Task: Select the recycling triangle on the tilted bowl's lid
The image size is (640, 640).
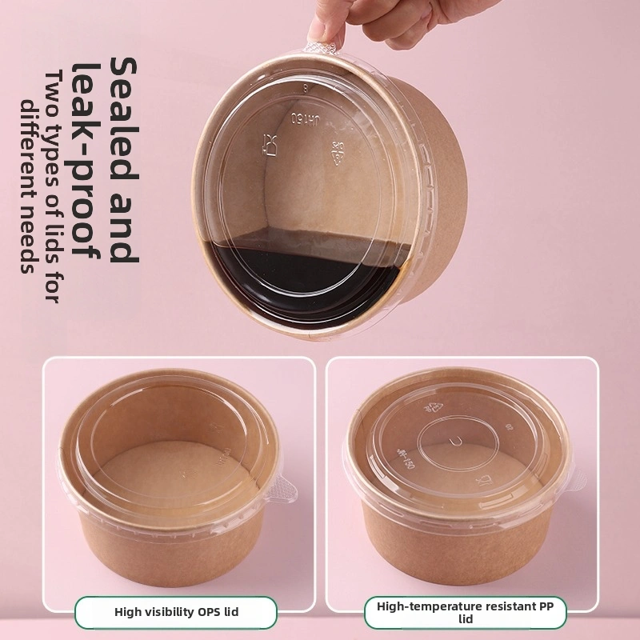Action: coord(336,150)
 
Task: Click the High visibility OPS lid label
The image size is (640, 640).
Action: coord(176,612)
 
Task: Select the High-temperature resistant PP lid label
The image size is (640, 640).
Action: coord(466,612)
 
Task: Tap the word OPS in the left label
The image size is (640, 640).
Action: coord(207,612)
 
